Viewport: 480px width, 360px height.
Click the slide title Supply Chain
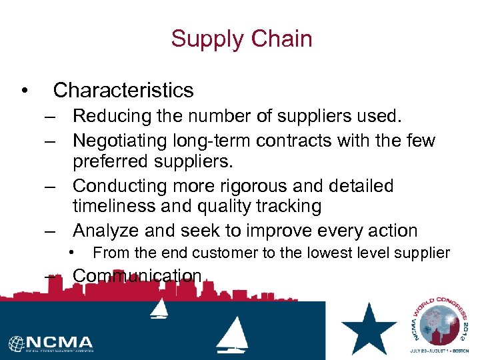[x=241, y=39]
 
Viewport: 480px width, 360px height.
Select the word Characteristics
[x=123, y=90]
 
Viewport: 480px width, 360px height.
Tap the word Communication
[x=137, y=275]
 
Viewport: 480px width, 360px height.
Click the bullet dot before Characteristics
[x=23, y=91]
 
